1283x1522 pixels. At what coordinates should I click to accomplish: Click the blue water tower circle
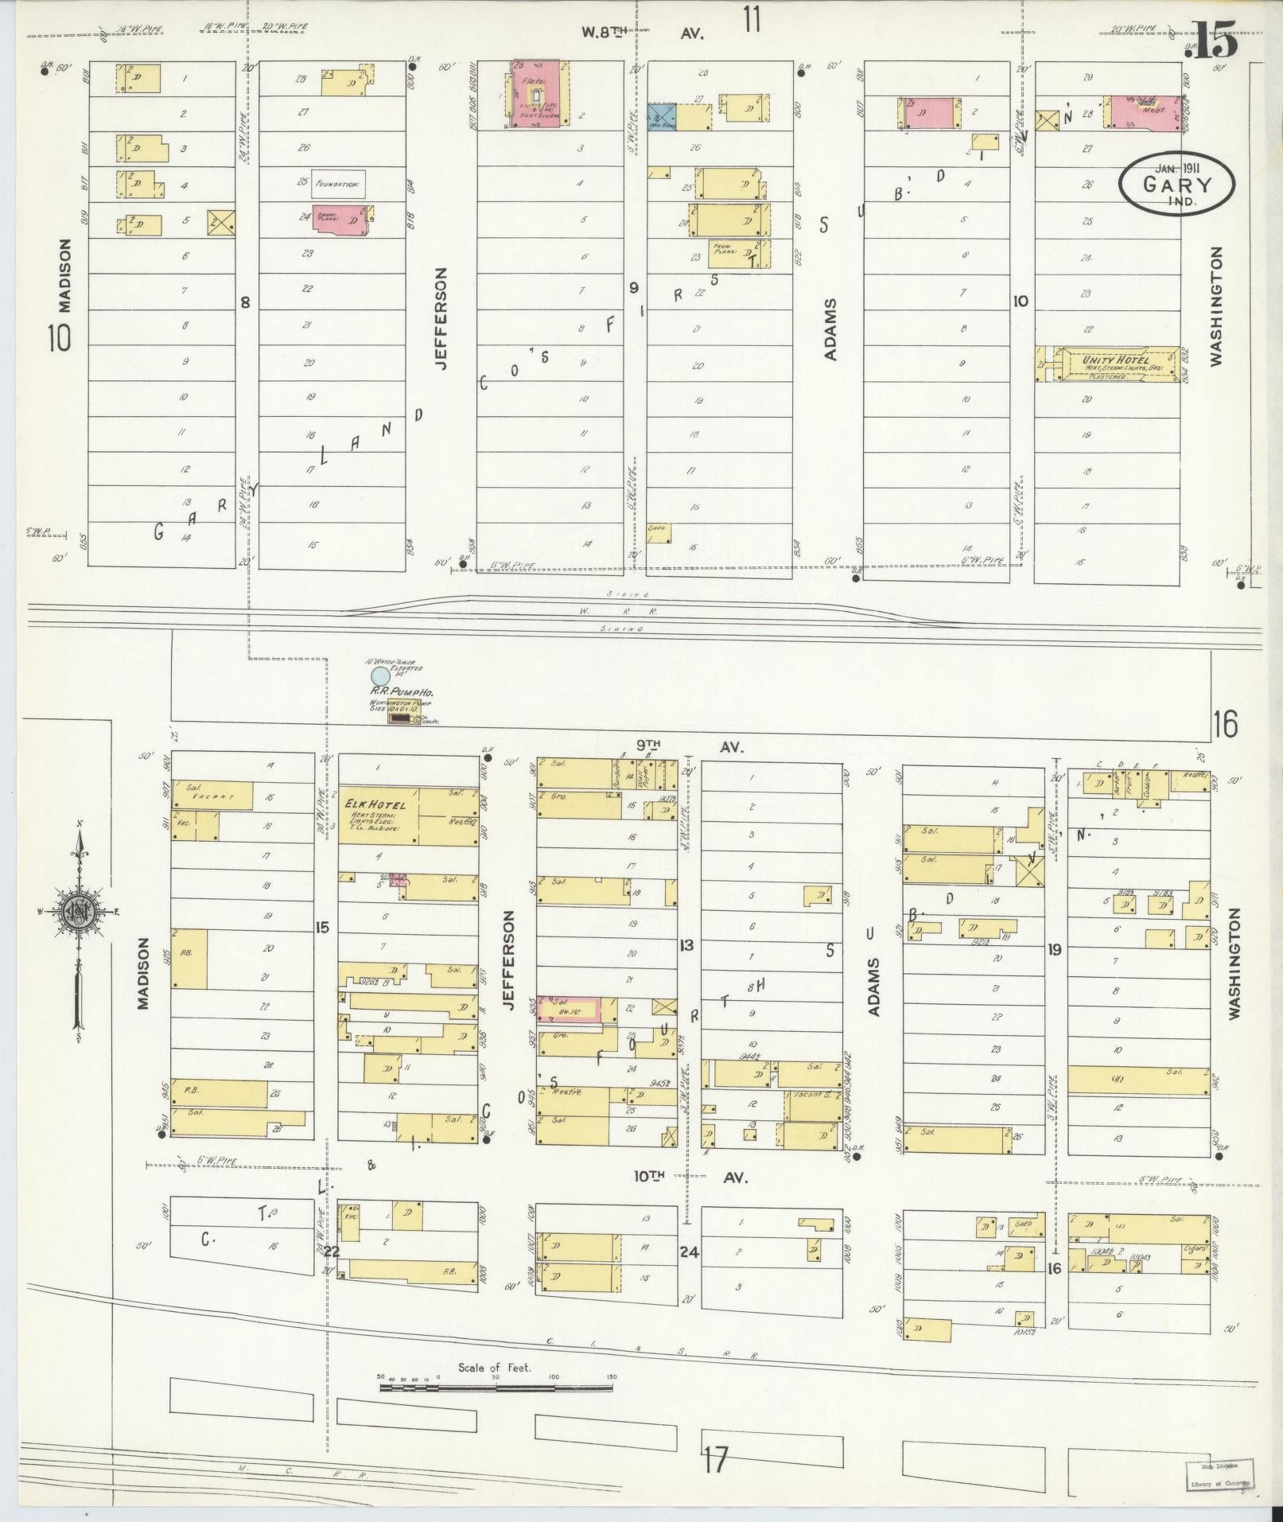381,676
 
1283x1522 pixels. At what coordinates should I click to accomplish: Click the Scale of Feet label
494,811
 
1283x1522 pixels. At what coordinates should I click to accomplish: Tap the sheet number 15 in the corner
1215,44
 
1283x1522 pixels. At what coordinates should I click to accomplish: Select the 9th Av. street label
688,747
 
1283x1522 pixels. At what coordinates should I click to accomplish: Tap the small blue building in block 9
660,118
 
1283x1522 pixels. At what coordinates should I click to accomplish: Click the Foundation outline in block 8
338,183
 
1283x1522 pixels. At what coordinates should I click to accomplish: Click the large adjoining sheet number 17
715,1461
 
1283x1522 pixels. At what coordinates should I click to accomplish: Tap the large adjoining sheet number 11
752,19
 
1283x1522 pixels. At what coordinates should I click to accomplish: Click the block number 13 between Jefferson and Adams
686,945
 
